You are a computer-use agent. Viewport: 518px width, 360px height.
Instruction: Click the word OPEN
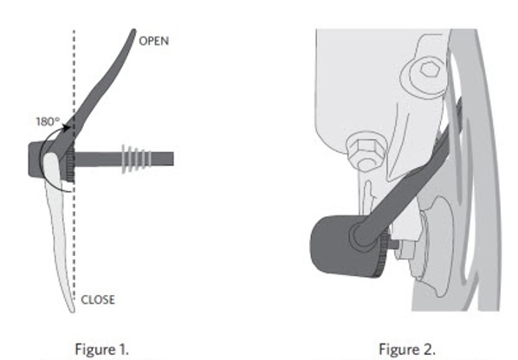click(x=154, y=41)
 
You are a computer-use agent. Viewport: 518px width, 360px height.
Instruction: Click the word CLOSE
click(x=98, y=299)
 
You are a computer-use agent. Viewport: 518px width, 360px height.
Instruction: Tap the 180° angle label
click(x=48, y=121)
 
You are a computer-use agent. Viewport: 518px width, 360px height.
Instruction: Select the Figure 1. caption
click(x=101, y=349)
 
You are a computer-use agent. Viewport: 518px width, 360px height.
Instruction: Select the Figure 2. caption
click(x=407, y=349)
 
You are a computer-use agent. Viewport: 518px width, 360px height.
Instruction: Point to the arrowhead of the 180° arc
click(x=67, y=128)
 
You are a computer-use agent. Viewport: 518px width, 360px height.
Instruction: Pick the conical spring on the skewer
click(x=137, y=159)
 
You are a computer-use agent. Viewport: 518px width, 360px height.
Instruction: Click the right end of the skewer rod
click(x=173, y=159)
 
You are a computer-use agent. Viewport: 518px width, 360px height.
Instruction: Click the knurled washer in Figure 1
click(x=70, y=164)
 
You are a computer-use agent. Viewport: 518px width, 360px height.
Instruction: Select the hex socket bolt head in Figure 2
click(x=424, y=76)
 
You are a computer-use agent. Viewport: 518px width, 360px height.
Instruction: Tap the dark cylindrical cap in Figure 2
click(x=344, y=246)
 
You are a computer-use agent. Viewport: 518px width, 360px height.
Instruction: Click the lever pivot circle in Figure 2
click(x=364, y=234)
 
